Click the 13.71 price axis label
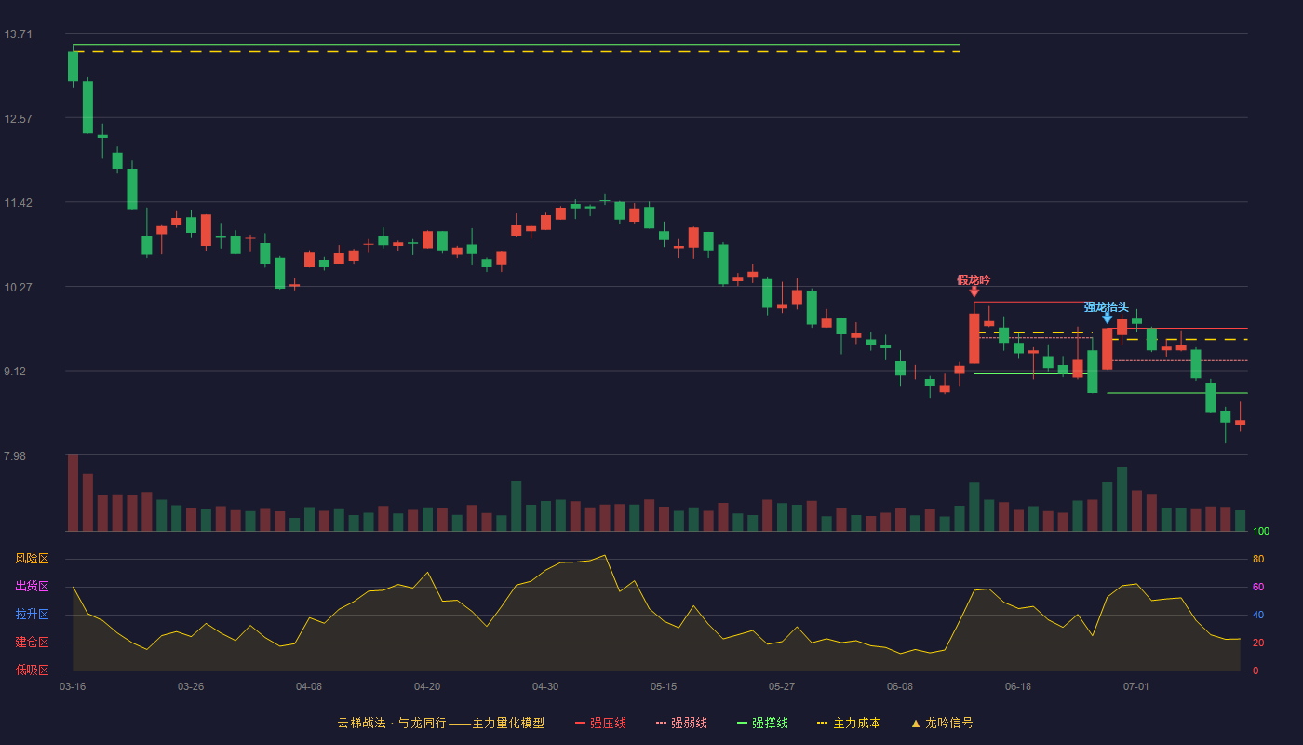pos(18,34)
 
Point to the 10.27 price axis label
pos(18,288)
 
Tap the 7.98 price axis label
pos(15,455)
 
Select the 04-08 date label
pos(309,687)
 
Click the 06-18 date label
pos(1018,687)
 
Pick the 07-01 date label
pos(1136,687)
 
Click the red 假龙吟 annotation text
pos(974,280)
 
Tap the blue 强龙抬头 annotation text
pos(1107,307)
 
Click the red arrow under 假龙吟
pos(974,291)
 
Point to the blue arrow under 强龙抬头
pos(1107,318)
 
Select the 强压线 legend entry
pos(601,723)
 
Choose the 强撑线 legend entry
pos(762,723)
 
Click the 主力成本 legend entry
pos(849,723)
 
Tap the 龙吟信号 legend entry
pos(942,723)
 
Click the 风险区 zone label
pos(32,559)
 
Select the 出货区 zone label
pos(32,586)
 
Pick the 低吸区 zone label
pos(32,670)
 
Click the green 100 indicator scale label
pos(1261,531)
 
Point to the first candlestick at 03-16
pos(73,66)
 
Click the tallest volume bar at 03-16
pos(73,493)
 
